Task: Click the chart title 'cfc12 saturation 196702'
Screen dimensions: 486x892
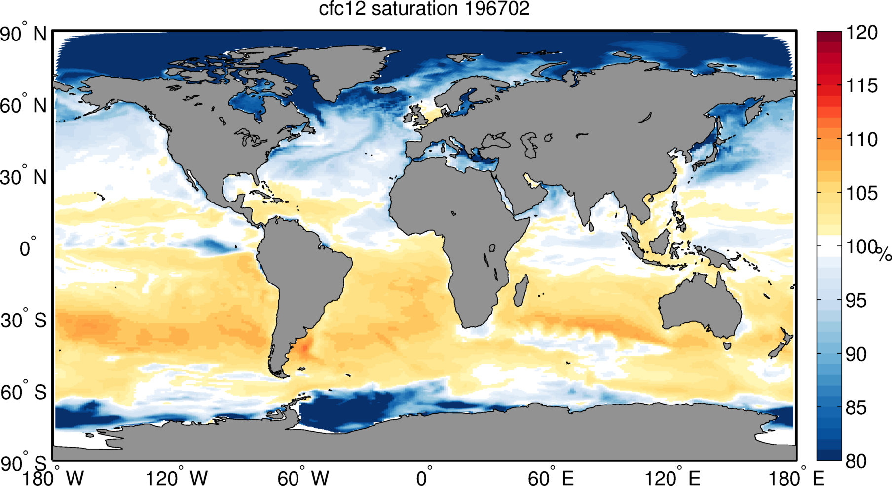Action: (x=424, y=9)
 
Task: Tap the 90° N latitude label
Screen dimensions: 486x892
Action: (x=23, y=35)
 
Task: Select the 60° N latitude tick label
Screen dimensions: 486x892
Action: (x=23, y=106)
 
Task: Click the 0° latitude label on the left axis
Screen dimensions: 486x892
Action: (x=28, y=248)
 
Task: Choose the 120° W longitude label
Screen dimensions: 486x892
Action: (x=177, y=478)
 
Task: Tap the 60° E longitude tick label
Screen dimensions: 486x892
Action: (x=551, y=478)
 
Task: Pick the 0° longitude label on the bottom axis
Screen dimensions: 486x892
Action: (x=424, y=478)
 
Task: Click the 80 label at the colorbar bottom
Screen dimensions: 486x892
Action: (x=856, y=461)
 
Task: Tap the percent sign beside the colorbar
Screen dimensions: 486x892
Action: (x=884, y=254)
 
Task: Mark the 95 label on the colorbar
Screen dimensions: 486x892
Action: (x=856, y=300)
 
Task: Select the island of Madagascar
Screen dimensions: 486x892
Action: (x=521, y=290)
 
